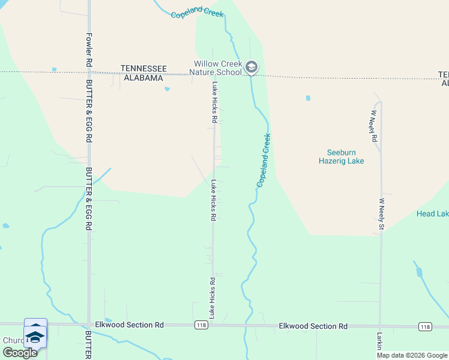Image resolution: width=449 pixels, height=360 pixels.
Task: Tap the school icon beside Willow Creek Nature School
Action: [x=252, y=67]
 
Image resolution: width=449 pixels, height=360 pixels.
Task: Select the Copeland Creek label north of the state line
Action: [x=197, y=14]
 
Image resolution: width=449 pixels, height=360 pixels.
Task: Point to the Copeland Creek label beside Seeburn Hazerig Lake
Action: [x=264, y=160]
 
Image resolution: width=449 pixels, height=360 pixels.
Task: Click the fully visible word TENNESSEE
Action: [x=143, y=69]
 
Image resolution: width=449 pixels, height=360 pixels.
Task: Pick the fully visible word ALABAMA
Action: [x=143, y=78]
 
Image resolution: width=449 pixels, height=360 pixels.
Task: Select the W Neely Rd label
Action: [x=373, y=125]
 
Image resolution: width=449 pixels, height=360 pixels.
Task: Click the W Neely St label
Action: [x=381, y=214]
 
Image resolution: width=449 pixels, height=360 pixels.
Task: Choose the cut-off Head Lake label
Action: [x=432, y=214]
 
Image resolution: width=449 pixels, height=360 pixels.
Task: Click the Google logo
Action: [x=19, y=353]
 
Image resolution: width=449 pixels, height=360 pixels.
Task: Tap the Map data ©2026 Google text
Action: [x=412, y=355]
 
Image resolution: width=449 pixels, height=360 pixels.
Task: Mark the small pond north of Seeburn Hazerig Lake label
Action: [x=308, y=98]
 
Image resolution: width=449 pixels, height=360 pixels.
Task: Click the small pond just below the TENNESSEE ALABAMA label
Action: [x=167, y=89]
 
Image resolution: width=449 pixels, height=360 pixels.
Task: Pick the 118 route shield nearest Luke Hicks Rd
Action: [x=201, y=325]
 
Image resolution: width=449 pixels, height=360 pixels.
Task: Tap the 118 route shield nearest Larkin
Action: [x=425, y=326]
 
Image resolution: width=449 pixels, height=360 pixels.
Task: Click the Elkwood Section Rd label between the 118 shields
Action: [x=313, y=326]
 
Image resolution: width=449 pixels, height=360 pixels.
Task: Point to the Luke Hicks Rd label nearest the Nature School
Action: [x=214, y=103]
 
